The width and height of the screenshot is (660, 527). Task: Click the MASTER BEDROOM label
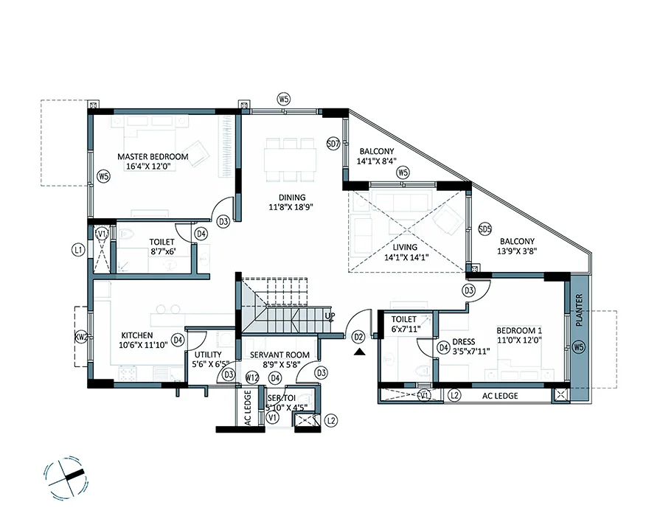[x=153, y=156]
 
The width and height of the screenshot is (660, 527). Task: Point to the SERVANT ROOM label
[x=277, y=355]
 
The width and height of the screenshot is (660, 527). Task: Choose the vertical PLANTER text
[x=579, y=310]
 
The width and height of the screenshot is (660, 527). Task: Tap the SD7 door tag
[x=333, y=144]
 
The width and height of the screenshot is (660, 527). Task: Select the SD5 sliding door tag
[x=484, y=229]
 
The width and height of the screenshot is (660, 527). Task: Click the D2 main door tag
[x=358, y=337]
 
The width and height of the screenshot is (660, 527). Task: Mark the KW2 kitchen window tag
[x=81, y=338]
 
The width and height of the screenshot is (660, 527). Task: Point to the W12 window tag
[x=251, y=378]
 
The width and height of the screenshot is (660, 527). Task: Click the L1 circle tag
[x=77, y=251]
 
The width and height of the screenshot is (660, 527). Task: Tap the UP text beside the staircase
[x=330, y=315]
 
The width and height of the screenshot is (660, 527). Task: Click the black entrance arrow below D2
[x=358, y=352]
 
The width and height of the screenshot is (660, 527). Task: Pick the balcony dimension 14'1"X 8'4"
[x=377, y=160]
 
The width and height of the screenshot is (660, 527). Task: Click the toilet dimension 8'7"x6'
[x=161, y=251]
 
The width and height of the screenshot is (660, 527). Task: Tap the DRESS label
[x=463, y=341]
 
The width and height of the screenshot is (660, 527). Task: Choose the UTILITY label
[x=206, y=355]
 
